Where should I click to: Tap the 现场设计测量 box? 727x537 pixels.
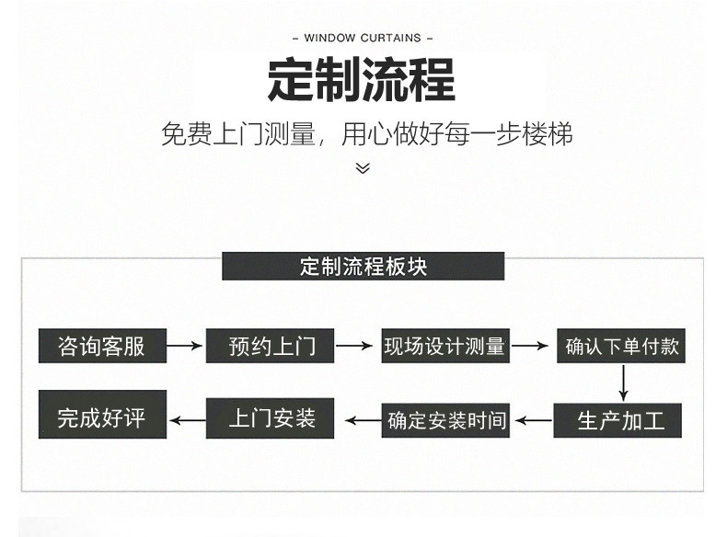445,346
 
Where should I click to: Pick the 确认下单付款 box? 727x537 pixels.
622,346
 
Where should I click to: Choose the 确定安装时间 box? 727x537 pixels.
446,420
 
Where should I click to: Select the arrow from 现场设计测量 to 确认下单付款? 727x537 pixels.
532,346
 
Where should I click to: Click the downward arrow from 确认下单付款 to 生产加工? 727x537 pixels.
624,383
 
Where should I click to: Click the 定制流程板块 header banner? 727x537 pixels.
363,267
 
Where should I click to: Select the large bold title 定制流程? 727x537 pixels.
363,80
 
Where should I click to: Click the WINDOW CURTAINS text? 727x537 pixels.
363,38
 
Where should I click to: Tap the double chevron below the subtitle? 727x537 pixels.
363,167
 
